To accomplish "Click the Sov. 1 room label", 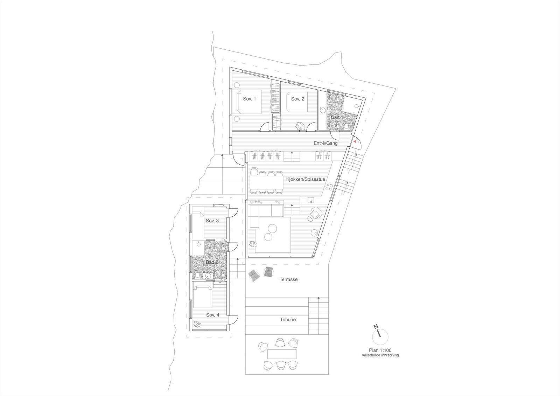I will pos(250,99).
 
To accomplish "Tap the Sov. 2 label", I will pos(297,99).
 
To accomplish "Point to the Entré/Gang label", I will pos(325,143).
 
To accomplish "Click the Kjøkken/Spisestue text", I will pos(306,179).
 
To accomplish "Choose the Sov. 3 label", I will pos(212,221).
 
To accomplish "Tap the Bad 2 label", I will pos(211,262).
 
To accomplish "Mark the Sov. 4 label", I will pos(212,315).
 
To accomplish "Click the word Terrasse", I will pos(288,279).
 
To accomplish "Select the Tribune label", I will pos(288,320).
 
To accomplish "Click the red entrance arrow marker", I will pos(355,141).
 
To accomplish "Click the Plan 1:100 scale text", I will pos(380,350).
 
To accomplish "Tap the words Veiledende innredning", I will pos(380,355).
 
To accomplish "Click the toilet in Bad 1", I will pos(347,126).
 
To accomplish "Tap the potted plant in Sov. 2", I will pos(300,126).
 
